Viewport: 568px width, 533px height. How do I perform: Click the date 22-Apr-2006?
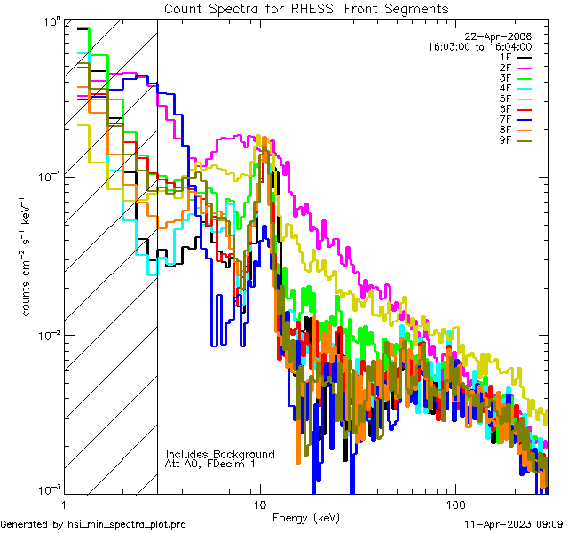[x=499, y=36]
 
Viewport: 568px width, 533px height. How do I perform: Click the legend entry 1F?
[x=505, y=57]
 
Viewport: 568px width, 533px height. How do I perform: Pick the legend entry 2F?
[x=505, y=68]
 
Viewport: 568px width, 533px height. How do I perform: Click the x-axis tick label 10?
[x=260, y=504]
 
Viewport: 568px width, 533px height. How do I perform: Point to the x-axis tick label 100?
[x=454, y=504]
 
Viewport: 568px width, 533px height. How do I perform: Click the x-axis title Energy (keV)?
[x=307, y=518]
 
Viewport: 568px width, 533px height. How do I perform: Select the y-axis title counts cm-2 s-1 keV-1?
[x=28, y=256]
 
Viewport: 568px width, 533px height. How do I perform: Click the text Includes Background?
[x=220, y=455]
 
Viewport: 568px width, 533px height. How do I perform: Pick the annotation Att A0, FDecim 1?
[x=210, y=465]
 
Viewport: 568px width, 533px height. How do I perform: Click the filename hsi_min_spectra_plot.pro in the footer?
[x=127, y=524]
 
